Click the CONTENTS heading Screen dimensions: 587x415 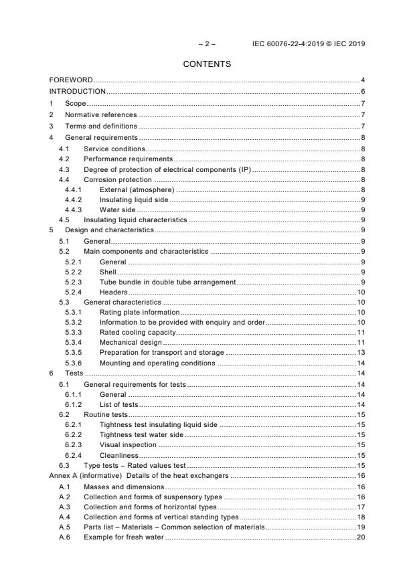click(x=207, y=64)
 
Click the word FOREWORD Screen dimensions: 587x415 click(x=71, y=80)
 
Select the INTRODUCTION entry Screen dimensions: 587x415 click(x=78, y=91)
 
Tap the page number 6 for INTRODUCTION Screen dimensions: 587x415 click(x=362, y=91)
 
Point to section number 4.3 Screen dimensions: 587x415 click(x=64, y=170)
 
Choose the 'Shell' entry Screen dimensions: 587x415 click(x=108, y=272)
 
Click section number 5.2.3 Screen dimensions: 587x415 click(x=73, y=282)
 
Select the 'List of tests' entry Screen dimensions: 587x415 click(x=118, y=404)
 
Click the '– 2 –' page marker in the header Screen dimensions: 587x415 click(x=207, y=44)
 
